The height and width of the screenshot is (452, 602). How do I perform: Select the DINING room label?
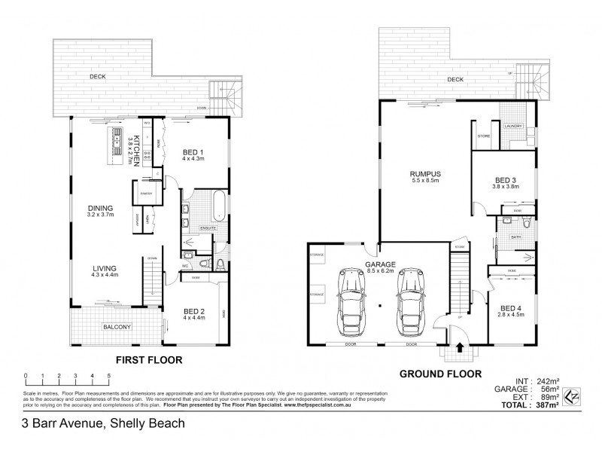click(x=99, y=209)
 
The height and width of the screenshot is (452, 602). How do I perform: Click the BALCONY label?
click(x=117, y=326)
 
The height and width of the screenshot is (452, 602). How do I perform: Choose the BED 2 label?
click(x=194, y=310)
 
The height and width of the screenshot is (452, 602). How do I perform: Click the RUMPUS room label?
click(x=425, y=175)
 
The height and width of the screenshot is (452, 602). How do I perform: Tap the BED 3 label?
click(x=505, y=180)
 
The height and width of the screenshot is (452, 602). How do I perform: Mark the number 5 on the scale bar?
click(x=109, y=374)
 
